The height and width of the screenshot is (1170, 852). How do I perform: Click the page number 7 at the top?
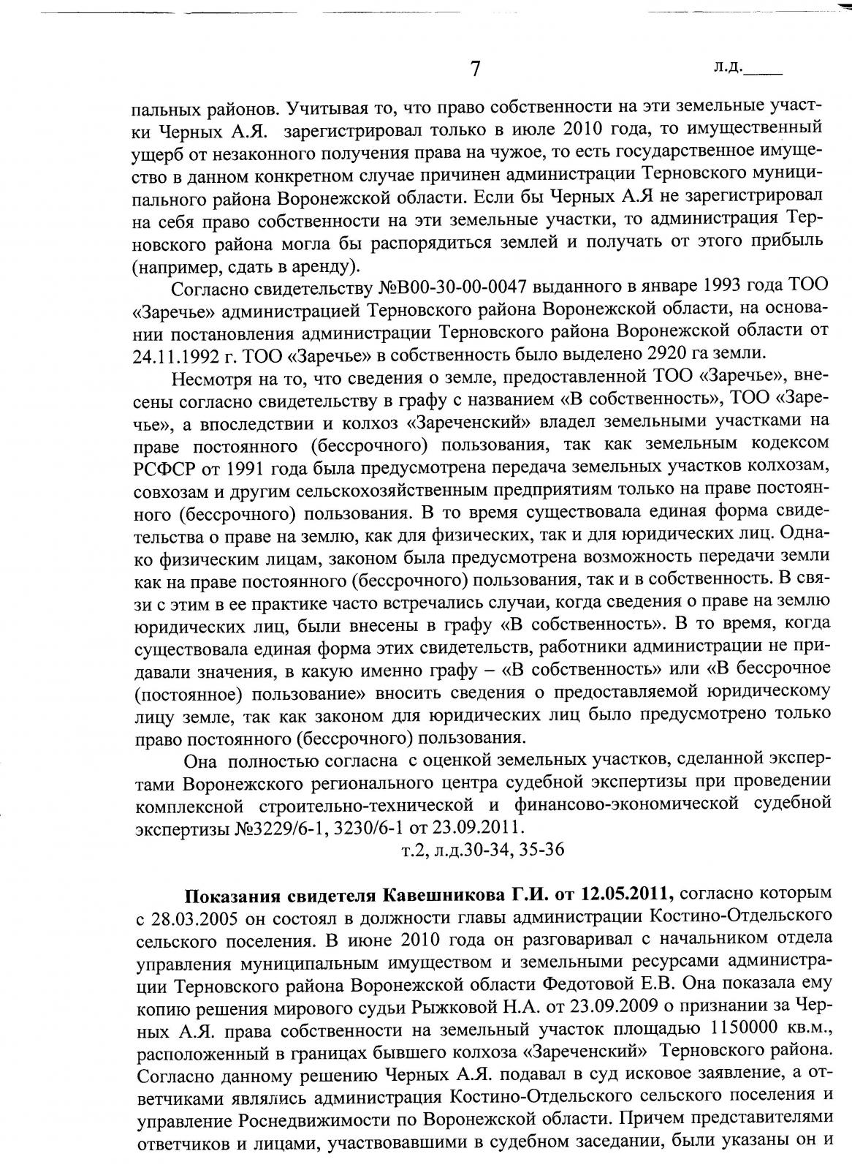(x=475, y=69)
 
